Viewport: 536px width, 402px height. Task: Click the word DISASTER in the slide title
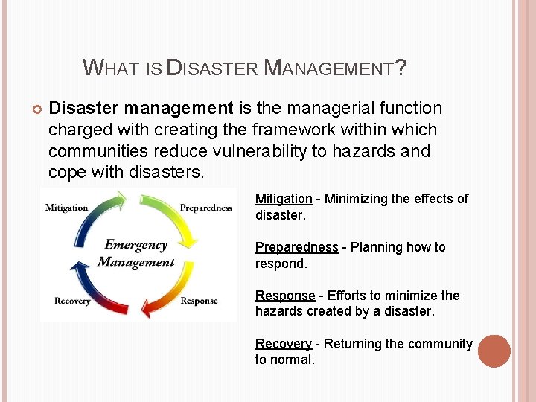click(x=212, y=69)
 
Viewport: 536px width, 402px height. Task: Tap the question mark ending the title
click(x=401, y=68)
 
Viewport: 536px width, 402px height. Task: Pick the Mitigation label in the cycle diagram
click(x=67, y=208)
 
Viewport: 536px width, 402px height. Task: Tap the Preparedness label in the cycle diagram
click(x=206, y=208)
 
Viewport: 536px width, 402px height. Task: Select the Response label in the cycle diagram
click(x=199, y=301)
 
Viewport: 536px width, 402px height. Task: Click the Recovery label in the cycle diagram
click(x=72, y=301)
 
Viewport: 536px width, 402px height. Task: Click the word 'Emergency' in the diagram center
click(x=135, y=245)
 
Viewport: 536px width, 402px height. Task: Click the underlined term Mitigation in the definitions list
click(x=284, y=199)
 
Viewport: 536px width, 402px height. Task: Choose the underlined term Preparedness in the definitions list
click(x=296, y=247)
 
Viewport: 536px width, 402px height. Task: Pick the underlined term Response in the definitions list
click(x=285, y=296)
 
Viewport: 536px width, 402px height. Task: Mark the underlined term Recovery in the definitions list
click(x=284, y=344)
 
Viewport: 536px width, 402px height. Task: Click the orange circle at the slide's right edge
click(x=494, y=351)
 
